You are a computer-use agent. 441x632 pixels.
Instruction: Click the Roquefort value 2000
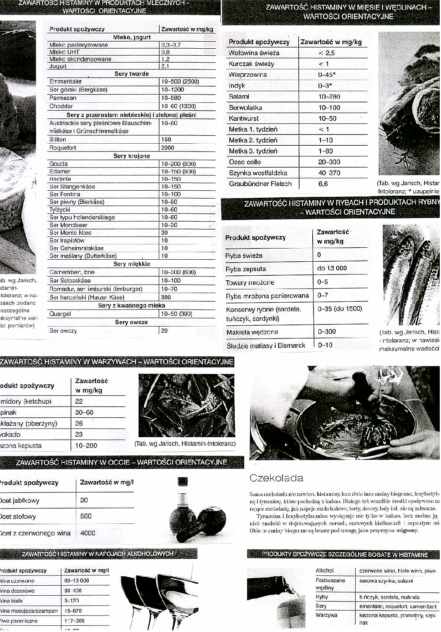point(168,148)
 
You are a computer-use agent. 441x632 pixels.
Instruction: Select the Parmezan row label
point(63,98)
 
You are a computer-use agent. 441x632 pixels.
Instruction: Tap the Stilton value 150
point(166,140)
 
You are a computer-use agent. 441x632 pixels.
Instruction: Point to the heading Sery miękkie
point(132,264)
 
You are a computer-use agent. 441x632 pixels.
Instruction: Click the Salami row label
point(239,97)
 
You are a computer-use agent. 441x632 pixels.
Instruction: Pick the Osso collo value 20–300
point(329,162)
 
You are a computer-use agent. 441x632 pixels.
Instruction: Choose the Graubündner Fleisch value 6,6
point(323,184)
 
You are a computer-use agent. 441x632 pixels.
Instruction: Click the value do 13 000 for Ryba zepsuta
point(332,268)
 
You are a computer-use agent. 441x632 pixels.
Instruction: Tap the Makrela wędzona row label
point(252,332)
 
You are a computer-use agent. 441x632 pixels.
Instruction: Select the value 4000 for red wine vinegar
point(87,533)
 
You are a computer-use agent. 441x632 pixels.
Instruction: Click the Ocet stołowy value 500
point(86,516)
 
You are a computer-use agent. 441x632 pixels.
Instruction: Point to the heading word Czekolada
point(276,478)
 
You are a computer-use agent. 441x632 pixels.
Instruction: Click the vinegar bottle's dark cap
point(183,482)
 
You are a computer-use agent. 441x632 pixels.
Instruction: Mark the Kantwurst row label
point(244,118)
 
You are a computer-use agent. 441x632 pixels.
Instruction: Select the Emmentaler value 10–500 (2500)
point(180,82)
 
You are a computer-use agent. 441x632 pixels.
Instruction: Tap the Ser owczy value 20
point(164,331)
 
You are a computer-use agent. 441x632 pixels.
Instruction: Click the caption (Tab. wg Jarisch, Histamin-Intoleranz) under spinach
point(185,444)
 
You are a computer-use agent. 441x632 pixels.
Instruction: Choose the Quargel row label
point(60,314)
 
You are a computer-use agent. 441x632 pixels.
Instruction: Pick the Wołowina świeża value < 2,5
point(326,53)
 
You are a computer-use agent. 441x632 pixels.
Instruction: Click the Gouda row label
point(59,164)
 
